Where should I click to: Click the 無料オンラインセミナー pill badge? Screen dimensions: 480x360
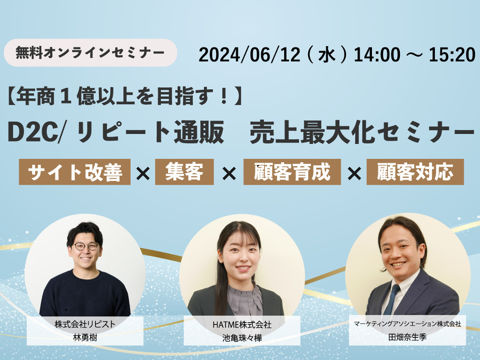point(90,53)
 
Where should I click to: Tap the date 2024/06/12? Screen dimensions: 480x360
point(250,55)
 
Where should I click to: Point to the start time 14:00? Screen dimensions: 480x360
point(377,55)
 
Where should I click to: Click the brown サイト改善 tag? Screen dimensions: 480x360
point(75,172)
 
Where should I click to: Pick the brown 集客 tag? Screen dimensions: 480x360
point(184,172)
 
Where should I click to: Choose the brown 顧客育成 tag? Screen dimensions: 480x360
point(292,172)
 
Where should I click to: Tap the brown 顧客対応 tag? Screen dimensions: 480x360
point(415,172)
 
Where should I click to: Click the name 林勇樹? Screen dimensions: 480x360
point(85,337)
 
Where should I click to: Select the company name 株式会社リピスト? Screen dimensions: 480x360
point(85,324)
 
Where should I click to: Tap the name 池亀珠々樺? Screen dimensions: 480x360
point(242,338)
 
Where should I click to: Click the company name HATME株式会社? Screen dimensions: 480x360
point(242,324)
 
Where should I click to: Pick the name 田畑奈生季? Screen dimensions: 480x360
point(407,337)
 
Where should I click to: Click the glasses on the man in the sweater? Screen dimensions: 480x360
point(86,246)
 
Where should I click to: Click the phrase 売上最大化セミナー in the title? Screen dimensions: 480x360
point(362,133)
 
